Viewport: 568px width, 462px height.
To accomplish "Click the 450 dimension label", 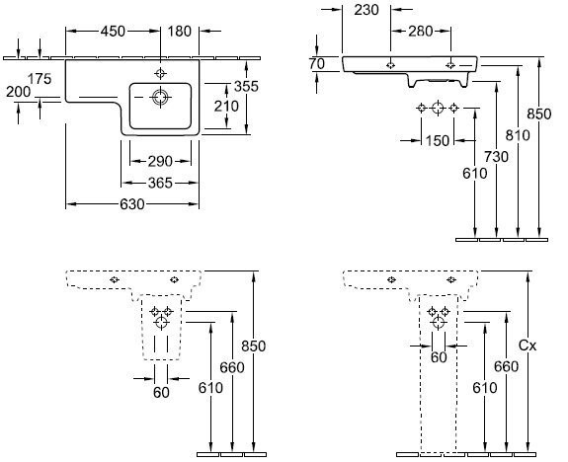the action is pyautogui.click(x=113, y=32).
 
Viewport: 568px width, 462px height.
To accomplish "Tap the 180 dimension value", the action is pyautogui.click(x=180, y=32).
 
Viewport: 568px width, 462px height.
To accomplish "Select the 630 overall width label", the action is pyautogui.click(x=132, y=204).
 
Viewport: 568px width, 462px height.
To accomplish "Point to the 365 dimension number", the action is pyautogui.click(x=160, y=184).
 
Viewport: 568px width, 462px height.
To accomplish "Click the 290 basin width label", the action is pyautogui.click(x=160, y=162).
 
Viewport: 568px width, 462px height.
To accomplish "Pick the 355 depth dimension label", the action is pyautogui.click(x=246, y=86).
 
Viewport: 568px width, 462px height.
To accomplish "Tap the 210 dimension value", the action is pyautogui.click(x=226, y=106).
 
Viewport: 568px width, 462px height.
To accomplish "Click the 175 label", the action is pyautogui.click(x=40, y=79).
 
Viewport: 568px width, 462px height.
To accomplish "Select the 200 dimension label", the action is pyautogui.click(x=19, y=92).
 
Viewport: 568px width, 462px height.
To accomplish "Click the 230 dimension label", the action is pyautogui.click(x=366, y=10).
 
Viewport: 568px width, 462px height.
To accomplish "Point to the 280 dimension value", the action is pyautogui.click(x=421, y=32).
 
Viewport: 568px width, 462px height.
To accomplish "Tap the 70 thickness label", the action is pyautogui.click(x=317, y=64).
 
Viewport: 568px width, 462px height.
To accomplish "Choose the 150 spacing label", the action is pyautogui.click(x=438, y=141).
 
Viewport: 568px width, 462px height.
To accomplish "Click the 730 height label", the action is pyautogui.click(x=496, y=157).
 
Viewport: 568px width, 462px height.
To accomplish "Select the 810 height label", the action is pyautogui.click(x=518, y=135).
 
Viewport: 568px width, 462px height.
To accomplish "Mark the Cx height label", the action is pyautogui.click(x=527, y=346).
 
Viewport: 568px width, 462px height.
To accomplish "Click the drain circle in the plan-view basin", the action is pyautogui.click(x=160, y=97).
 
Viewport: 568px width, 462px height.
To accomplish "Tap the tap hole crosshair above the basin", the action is pyautogui.click(x=160, y=73).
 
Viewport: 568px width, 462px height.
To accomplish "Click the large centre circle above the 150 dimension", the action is pyautogui.click(x=438, y=108).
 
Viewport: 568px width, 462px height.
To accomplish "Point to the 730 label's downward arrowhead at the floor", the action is pyautogui.click(x=497, y=234).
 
